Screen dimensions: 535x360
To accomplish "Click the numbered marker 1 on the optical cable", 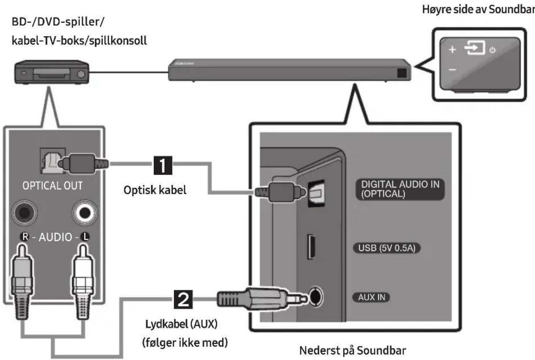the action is pyautogui.click(x=163, y=165).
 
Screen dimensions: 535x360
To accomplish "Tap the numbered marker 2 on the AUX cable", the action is pyautogui.click(x=183, y=299).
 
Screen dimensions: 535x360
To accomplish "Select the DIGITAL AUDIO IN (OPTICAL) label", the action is pyautogui.click(x=400, y=189).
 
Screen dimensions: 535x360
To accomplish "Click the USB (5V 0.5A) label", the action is pyautogui.click(x=387, y=248).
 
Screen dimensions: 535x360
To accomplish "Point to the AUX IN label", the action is pyautogui.click(x=371, y=297).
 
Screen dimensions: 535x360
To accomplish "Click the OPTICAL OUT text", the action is pyautogui.click(x=53, y=186).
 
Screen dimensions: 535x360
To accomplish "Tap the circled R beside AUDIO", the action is pyautogui.click(x=25, y=237).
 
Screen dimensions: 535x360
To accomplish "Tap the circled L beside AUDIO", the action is pyautogui.click(x=85, y=237).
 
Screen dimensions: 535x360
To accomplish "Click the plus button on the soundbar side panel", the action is pyautogui.click(x=452, y=50).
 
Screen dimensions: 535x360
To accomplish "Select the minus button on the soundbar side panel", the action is pyautogui.click(x=452, y=70).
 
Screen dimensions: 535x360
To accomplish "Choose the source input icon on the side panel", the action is pyautogui.click(x=474, y=48).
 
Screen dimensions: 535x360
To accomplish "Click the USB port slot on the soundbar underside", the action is pyautogui.click(x=311, y=247).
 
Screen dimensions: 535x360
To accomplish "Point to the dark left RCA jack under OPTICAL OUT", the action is pyautogui.click(x=24, y=212).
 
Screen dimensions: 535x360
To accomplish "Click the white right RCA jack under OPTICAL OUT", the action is pyautogui.click(x=85, y=212).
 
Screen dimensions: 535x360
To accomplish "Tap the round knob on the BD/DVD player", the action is pyautogui.click(x=81, y=74).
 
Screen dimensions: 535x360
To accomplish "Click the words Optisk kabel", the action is pyautogui.click(x=155, y=190).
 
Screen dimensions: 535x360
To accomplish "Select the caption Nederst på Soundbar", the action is pyautogui.click(x=353, y=350).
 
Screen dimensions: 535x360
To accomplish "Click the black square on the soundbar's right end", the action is pyautogui.click(x=402, y=73).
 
